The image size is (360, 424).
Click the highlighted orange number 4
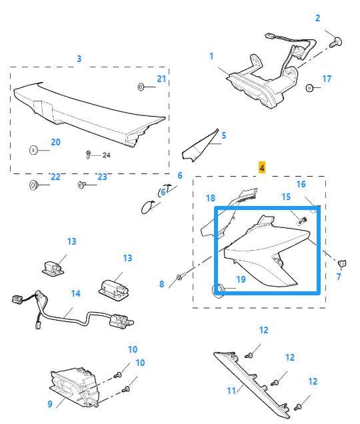262,167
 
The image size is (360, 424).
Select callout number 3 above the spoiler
79,59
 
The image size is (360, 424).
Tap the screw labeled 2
336,43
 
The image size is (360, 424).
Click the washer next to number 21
141,87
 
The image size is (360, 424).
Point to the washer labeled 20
33,150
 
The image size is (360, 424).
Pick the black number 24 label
106,155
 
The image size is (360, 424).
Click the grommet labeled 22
33,185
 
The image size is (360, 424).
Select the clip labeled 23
81,185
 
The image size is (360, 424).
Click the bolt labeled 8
180,277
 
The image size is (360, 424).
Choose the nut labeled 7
342,263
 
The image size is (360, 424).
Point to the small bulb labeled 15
302,221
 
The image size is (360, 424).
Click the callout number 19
241,279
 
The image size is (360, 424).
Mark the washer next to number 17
309,88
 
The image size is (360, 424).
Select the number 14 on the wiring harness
76,293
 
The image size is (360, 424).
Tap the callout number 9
50,404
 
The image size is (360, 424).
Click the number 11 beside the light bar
231,391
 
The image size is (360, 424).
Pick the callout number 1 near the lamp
211,56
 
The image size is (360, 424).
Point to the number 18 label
211,198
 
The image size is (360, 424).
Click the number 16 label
301,184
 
